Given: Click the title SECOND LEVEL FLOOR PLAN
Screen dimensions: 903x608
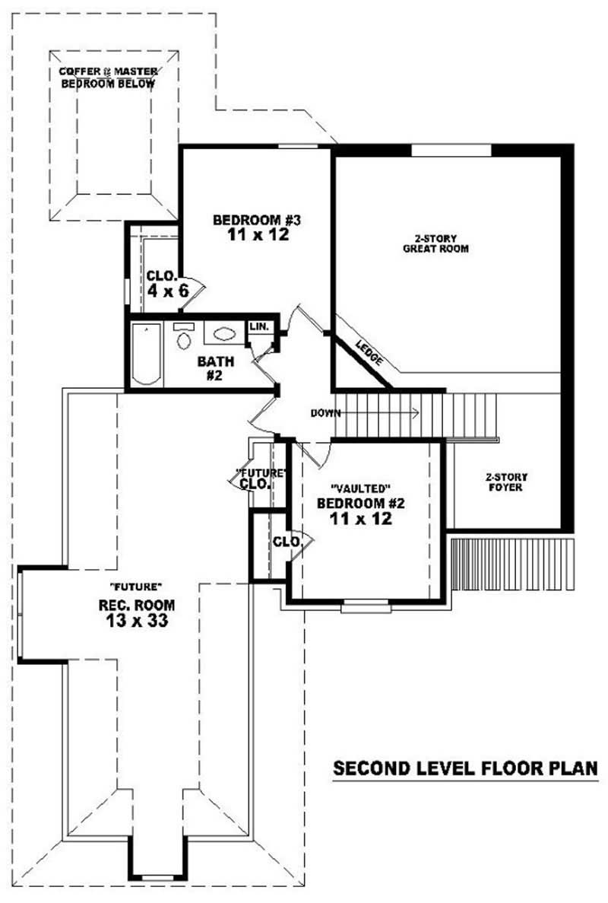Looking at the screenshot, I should tap(466, 769).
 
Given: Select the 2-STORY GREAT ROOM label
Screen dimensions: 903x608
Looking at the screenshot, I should tap(435, 243).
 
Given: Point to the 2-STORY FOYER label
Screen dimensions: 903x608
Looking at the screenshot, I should tap(506, 482).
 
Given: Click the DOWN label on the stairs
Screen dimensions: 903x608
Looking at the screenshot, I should tap(325, 413).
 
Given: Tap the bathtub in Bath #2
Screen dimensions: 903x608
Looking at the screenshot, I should tap(146, 355).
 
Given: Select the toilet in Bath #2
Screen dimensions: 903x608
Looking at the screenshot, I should tap(183, 337).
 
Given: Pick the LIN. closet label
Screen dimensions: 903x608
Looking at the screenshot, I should tap(259, 326).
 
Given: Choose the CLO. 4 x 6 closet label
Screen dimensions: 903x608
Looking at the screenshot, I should tap(163, 282).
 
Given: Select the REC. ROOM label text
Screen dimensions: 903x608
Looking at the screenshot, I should tap(138, 605).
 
